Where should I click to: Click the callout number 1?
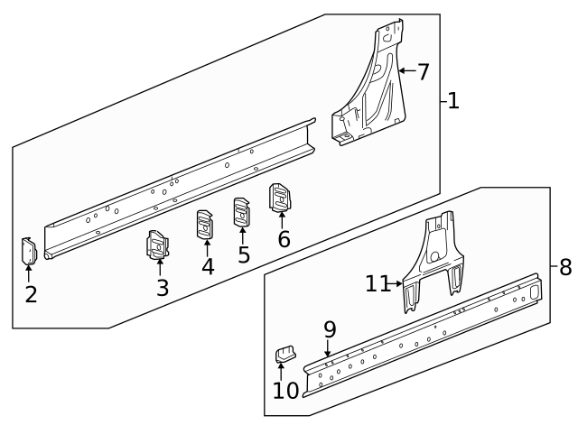click(x=453, y=101)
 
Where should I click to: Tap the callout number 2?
click(x=31, y=294)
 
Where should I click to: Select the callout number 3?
click(x=162, y=289)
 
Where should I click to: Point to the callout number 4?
click(x=208, y=266)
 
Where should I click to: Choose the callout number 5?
click(x=244, y=254)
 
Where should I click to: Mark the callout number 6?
click(x=284, y=239)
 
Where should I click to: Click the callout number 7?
click(x=423, y=70)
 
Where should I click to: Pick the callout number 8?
click(x=565, y=267)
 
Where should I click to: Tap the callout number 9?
click(x=330, y=329)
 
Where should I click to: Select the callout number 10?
click(x=285, y=391)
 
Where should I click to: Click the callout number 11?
click(x=378, y=283)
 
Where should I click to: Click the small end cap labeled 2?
click(x=29, y=250)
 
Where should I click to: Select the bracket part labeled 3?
click(x=159, y=245)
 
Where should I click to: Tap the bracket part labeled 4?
click(x=206, y=225)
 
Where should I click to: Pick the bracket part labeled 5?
click(x=242, y=212)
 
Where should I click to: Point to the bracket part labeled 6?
click(x=281, y=197)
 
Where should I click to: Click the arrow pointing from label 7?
click(x=406, y=69)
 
